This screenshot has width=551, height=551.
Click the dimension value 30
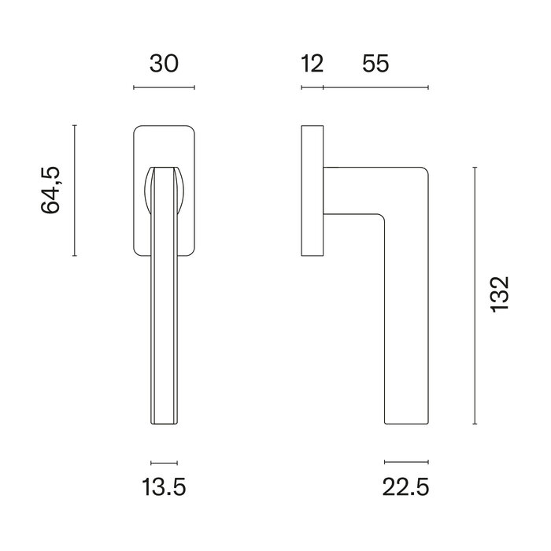[164, 64]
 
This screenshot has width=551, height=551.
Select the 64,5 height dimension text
[51, 190]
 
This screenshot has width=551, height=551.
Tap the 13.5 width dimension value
[164, 489]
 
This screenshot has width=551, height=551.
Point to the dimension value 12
[312, 64]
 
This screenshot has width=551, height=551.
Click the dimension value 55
[375, 64]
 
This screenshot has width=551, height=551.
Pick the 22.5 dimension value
[406, 489]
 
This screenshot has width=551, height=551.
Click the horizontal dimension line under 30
[164, 87]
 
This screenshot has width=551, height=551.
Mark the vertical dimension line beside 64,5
[74, 190]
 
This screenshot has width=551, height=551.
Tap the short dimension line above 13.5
[164, 463]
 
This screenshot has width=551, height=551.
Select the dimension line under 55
[375, 87]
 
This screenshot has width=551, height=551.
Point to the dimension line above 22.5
[406, 463]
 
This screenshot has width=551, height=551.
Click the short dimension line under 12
[312, 87]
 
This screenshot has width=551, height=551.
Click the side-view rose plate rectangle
[312, 190]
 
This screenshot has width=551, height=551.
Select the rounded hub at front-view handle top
[164, 189]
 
